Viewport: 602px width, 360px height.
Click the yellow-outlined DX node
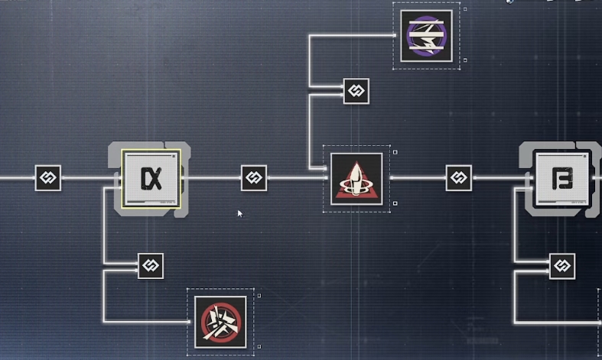point(151,179)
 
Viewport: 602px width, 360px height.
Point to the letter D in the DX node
point(145,180)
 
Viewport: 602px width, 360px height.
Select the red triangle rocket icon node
point(356,179)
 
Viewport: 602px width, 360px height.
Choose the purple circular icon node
point(426,35)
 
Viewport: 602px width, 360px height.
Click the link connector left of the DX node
point(47,178)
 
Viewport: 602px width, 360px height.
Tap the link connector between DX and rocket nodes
point(254,178)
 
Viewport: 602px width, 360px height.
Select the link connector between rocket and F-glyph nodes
point(459,178)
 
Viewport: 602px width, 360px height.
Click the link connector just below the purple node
point(356,91)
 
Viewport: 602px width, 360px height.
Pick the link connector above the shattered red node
point(151,266)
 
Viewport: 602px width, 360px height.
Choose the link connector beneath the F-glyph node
point(562,266)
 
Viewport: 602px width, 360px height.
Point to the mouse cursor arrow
point(239,213)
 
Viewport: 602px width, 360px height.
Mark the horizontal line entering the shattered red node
point(145,322)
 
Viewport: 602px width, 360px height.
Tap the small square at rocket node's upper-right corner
point(395,152)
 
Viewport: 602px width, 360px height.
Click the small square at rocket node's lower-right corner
point(395,203)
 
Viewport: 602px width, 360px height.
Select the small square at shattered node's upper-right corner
point(259,295)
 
